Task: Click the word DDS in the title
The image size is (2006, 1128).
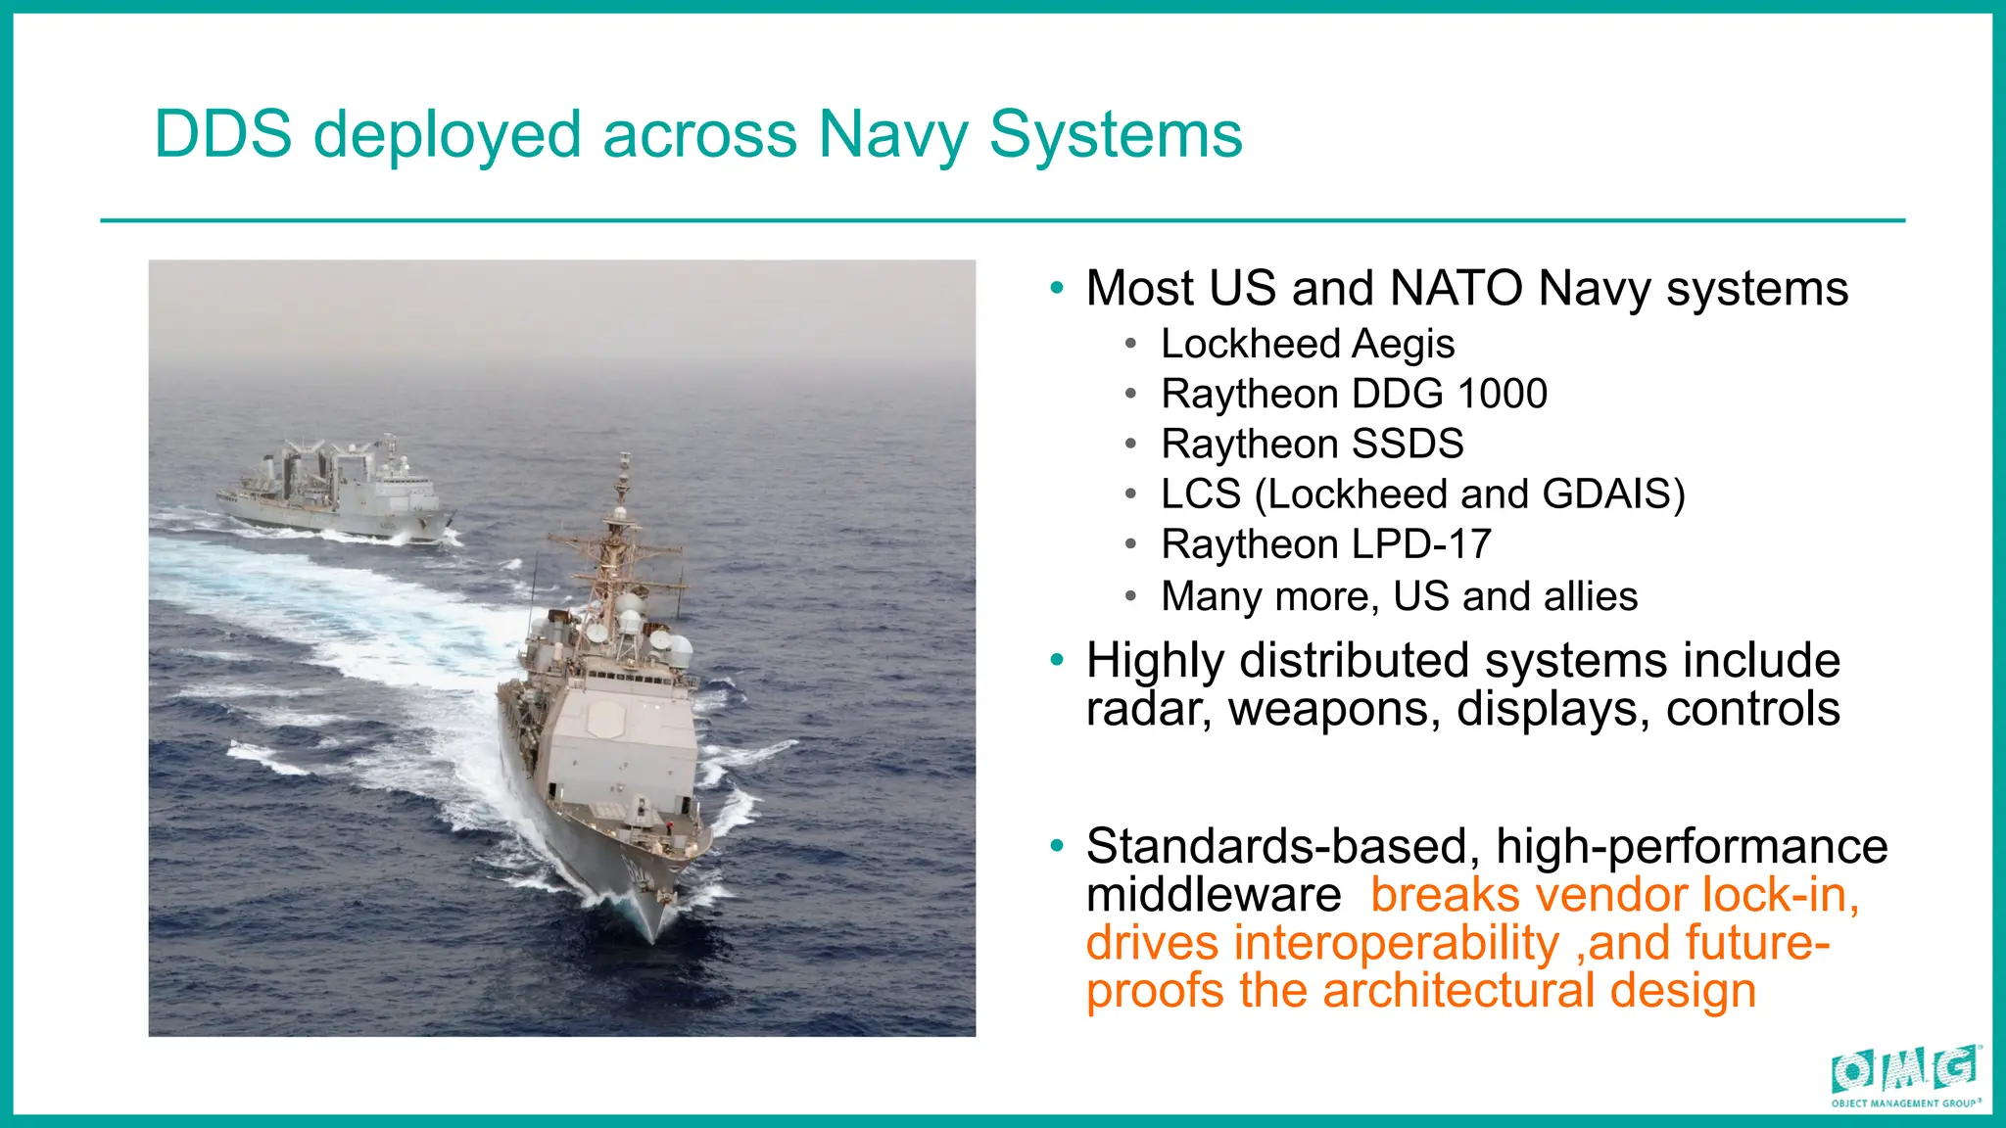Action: tap(223, 134)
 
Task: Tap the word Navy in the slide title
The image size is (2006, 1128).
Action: tap(892, 134)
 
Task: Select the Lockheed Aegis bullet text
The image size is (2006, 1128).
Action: tap(1307, 344)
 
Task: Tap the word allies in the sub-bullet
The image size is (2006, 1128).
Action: tap(1591, 595)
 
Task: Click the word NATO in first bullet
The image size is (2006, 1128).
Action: tap(1456, 288)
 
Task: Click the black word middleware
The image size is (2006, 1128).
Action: tap(1213, 894)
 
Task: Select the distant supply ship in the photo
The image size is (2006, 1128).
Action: tap(333, 490)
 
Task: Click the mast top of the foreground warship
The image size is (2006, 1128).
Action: tap(625, 460)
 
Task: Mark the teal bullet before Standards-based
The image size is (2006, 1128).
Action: tap(1056, 845)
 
